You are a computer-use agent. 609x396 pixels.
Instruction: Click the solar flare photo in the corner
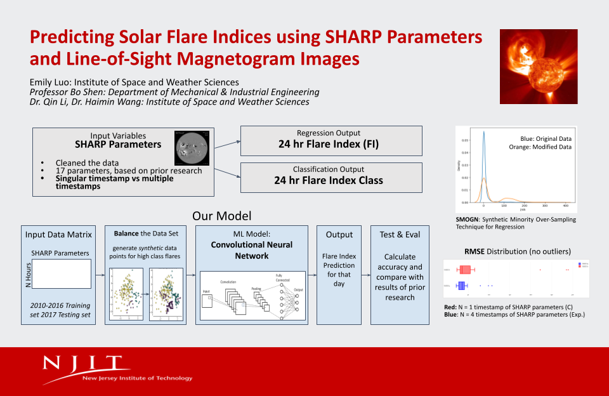(x=539, y=66)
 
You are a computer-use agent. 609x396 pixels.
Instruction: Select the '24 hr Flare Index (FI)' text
(x=329, y=144)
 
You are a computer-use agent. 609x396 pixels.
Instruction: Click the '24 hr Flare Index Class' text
(x=329, y=180)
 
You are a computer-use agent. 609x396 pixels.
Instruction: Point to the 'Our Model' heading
(x=221, y=216)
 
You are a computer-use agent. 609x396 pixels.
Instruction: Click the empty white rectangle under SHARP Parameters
(x=61, y=274)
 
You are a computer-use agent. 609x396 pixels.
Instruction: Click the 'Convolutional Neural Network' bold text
(x=251, y=250)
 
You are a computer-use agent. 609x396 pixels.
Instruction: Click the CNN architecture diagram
(x=252, y=295)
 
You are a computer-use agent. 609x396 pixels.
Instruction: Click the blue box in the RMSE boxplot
(x=462, y=285)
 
